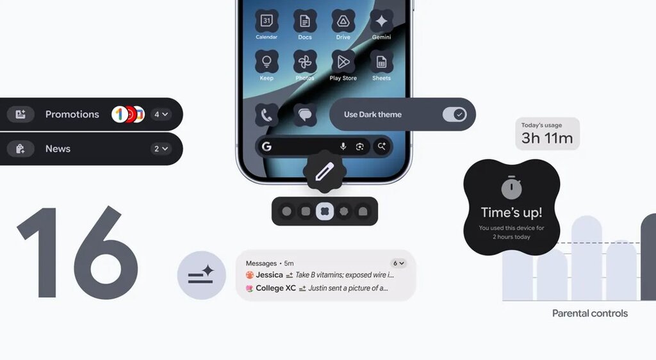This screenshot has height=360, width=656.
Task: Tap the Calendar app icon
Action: [x=266, y=21]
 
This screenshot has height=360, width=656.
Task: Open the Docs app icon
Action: [x=305, y=21]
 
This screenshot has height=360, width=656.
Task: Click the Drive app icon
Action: [x=343, y=21]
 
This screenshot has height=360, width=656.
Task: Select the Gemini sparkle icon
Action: [x=382, y=21]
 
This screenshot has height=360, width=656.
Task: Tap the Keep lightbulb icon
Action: [x=266, y=62]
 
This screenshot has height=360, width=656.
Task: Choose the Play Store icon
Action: [x=343, y=62]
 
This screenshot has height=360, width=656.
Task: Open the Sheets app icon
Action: [x=382, y=62]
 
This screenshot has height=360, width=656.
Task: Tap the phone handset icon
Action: [x=266, y=115]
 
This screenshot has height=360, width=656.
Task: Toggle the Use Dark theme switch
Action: [x=454, y=114]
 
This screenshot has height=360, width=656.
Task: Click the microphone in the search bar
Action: [x=343, y=146]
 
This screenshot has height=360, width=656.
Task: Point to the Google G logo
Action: [x=266, y=146]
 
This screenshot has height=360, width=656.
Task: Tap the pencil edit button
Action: [x=325, y=172]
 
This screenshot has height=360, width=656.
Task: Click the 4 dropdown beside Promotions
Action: [x=161, y=114]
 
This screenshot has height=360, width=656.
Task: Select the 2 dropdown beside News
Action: [x=161, y=149]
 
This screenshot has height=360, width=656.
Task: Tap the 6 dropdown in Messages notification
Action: [x=398, y=263]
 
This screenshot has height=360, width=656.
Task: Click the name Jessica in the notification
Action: [x=270, y=275]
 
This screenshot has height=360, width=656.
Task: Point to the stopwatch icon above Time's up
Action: [x=511, y=188]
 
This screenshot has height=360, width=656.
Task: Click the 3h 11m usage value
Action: [x=547, y=138]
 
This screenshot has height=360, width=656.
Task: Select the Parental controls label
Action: [x=590, y=313]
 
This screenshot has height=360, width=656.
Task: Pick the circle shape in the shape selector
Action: [x=286, y=211]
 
